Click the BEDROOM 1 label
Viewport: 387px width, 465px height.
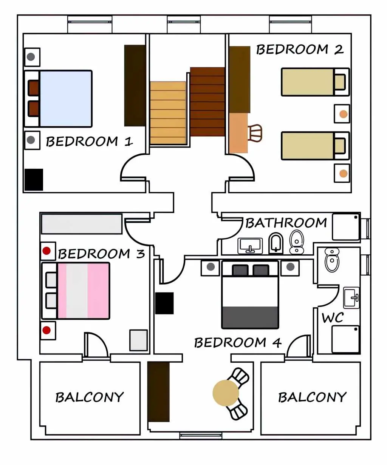[x=89, y=142]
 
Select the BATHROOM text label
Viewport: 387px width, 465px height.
[x=286, y=223]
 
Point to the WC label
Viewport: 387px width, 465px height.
[x=332, y=317]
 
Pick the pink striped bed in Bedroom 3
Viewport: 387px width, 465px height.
[x=76, y=291]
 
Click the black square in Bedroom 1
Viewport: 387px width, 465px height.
[x=34, y=180]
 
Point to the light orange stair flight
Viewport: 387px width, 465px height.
[x=168, y=113]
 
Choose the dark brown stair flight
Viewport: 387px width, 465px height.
[x=207, y=102]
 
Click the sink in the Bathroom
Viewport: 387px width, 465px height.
[x=250, y=246]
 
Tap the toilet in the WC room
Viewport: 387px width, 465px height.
[x=332, y=260]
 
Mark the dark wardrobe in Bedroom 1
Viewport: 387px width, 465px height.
[x=135, y=86]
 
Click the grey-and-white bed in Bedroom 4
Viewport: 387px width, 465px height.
[x=250, y=295]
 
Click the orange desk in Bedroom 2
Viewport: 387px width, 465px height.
[x=238, y=133]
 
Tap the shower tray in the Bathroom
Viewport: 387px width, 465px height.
[x=346, y=227]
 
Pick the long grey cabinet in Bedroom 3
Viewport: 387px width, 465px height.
[x=82, y=224]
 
